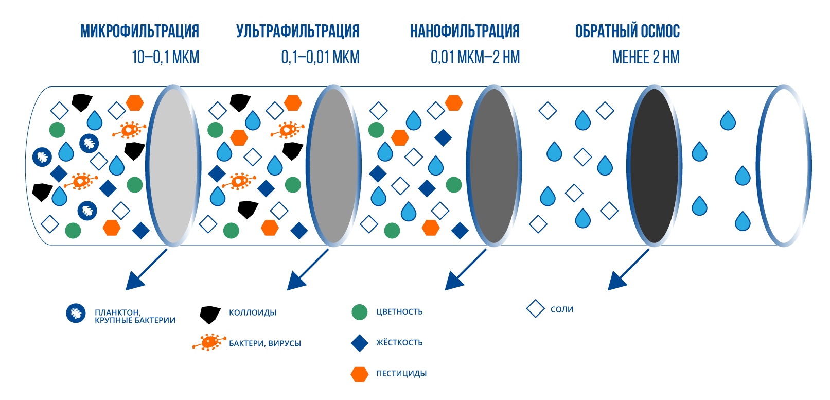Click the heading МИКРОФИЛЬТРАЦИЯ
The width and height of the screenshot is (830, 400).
point(139,31)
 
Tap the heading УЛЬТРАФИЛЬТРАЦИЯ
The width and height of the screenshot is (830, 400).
point(297,31)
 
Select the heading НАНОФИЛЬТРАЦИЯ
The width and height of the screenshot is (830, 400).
point(465,31)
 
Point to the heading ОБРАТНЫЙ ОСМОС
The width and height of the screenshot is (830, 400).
point(627,31)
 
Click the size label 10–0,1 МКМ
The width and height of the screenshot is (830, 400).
point(165,57)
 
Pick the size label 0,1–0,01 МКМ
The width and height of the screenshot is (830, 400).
point(320,57)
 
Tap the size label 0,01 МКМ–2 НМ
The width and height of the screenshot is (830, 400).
point(475,57)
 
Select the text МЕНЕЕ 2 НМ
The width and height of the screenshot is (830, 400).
point(646,57)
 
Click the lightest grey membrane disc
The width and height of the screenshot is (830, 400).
point(173,166)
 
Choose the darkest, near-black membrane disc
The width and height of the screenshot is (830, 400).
point(654,166)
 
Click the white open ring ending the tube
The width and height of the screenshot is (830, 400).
point(783,166)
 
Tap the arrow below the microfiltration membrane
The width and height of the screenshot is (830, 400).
point(145,270)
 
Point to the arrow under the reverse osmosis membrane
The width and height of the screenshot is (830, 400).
point(627,270)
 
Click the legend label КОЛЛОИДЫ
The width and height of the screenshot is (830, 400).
point(253,312)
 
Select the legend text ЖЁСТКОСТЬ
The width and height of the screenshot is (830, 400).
point(399,342)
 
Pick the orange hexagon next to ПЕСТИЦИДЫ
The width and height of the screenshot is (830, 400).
point(360,374)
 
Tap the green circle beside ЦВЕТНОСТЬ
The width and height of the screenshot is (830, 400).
point(360,312)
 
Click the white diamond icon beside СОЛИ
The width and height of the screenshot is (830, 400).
point(535,309)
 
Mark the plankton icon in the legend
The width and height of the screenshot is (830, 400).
point(76,314)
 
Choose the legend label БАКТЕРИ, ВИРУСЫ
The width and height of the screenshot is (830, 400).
point(265,343)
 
